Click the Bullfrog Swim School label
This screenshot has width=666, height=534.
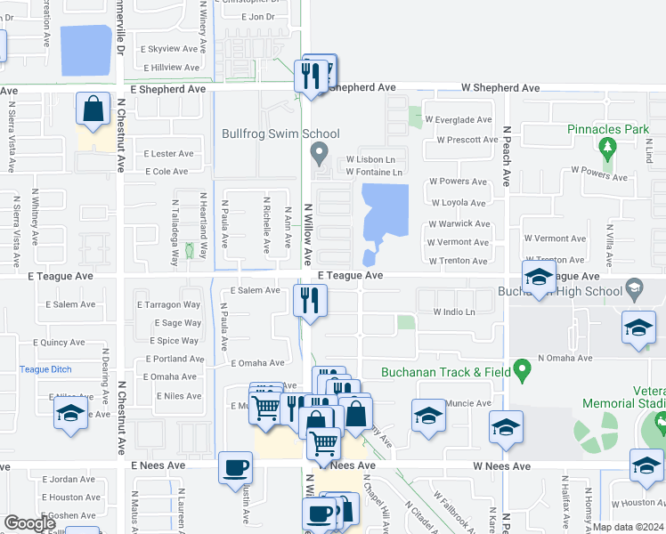point(280,134)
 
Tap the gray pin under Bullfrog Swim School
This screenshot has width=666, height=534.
point(319,155)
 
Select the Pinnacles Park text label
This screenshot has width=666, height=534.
point(608,129)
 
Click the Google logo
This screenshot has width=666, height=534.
point(29,523)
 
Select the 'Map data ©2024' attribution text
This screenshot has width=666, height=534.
point(629,527)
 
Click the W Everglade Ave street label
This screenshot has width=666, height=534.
point(458,119)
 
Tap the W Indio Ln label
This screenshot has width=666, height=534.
point(454,312)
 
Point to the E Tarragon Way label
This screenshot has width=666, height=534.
point(168,305)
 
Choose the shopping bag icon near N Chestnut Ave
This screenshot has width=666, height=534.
point(93,109)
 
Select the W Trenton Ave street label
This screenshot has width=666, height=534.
point(458,261)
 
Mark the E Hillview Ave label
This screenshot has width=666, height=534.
point(170,68)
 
